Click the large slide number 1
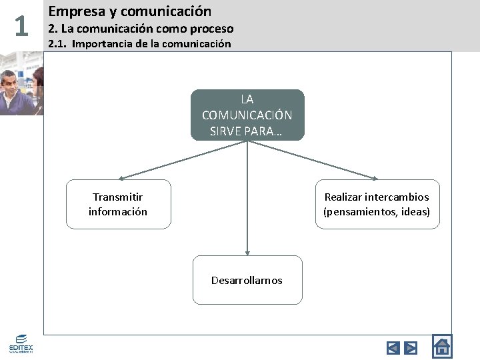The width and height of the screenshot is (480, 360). tap(21, 27)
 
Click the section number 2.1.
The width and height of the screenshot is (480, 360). tap(58, 44)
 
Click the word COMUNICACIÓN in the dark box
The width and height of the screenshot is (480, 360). tap(247, 115)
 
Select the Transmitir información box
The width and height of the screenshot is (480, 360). tap(118, 204)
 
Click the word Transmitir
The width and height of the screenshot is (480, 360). tap(118, 197)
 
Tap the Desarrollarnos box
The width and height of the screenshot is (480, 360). tap(247, 280)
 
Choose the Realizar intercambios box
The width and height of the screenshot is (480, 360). tap(377, 204)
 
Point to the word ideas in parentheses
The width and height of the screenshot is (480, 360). tap(414, 212)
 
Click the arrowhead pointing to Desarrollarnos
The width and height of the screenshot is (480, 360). tap(247, 253)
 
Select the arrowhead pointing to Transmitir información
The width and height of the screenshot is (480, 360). tap(122, 178)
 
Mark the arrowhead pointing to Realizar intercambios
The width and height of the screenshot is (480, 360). tap(374, 178)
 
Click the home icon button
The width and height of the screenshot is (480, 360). tap(442, 346)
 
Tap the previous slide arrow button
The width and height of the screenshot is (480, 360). tap(393, 347)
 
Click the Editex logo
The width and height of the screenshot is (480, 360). tap(21, 343)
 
